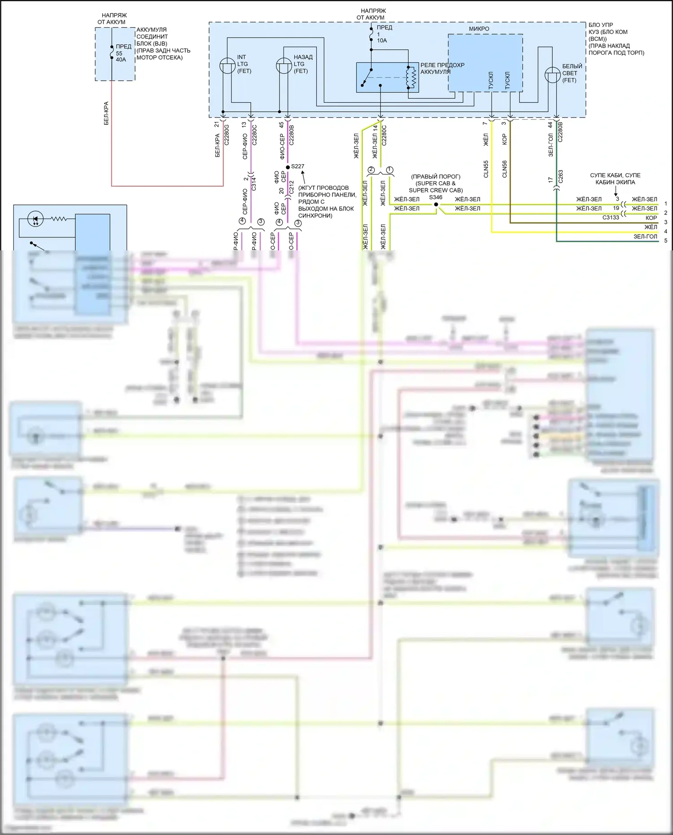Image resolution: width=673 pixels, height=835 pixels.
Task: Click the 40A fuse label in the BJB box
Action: click(121, 60)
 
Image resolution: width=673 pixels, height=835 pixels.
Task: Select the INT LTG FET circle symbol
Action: click(227, 66)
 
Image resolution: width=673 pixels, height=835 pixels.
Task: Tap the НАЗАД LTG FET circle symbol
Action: click(284, 66)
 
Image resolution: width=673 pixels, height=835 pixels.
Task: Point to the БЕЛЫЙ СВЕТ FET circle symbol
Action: click(552, 75)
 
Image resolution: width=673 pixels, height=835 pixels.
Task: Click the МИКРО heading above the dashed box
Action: click(479, 29)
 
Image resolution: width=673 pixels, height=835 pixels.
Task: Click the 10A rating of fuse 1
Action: click(382, 41)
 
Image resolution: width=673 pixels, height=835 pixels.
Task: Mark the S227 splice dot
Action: click(288, 167)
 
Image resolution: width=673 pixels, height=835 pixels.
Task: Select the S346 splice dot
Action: click(436, 205)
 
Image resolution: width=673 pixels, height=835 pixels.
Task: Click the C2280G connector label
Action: click(227, 135)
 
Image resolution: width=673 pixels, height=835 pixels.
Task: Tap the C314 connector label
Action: click(254, 184)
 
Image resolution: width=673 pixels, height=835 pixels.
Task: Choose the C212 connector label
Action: click(291, 188)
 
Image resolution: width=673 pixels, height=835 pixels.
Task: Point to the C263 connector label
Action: click(560, 177)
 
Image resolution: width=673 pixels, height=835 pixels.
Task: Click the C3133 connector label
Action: click(611, 218)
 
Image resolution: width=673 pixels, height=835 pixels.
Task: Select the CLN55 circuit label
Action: click(486, 169)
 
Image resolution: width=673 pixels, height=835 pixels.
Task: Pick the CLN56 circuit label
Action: click(505, 169)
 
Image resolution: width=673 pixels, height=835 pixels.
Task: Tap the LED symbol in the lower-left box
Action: click(35, 219)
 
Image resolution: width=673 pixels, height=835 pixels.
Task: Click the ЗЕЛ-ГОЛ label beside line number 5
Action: click(645, 236)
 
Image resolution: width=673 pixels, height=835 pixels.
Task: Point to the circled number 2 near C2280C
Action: click(371, 170)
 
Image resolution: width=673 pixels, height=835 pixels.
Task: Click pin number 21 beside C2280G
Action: click(217, 124)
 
